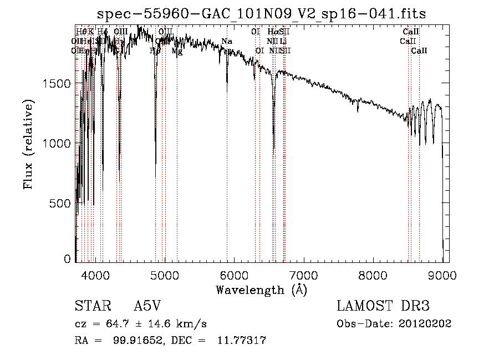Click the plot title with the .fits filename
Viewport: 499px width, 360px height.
261,14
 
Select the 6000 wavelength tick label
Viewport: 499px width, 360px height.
233,273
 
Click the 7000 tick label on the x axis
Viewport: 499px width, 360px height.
303,273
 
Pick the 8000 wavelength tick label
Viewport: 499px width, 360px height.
373,273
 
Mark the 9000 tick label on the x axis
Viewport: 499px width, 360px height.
442,273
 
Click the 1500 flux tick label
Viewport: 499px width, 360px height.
57,83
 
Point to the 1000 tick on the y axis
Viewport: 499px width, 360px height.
57,143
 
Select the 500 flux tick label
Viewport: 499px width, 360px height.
61,203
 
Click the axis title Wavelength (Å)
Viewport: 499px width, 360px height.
261,290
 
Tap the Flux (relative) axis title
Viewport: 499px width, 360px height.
28,144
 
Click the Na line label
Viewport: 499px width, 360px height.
227,42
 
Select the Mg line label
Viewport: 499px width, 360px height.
177,51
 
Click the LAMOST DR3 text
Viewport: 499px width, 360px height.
383,306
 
